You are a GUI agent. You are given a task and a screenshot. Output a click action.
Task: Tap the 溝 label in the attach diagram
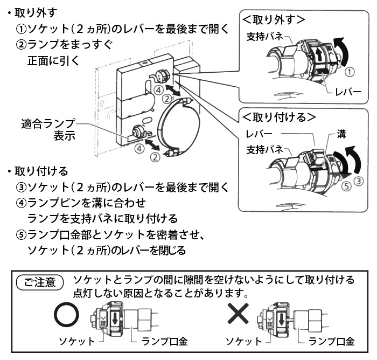[x=341, y=133]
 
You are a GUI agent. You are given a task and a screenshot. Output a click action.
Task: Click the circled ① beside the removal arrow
[x=350, y=71]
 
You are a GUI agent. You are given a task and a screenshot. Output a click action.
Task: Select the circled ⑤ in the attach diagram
[x=346, y=186]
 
